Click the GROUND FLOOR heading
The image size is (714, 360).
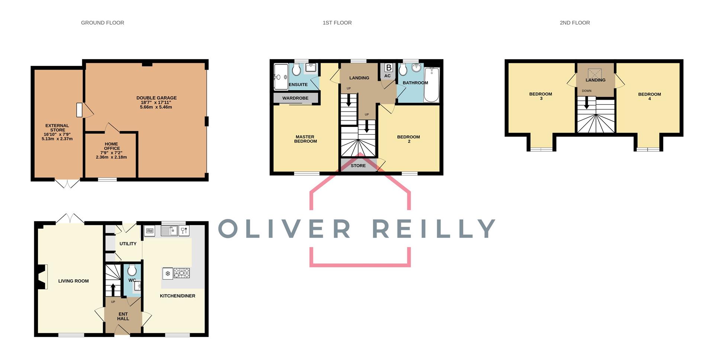(103, 23)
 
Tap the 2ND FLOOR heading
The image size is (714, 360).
(575, 23)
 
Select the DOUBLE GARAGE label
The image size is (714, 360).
(156, 98)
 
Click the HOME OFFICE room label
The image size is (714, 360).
(112, 146)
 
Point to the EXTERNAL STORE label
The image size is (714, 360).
(57, 128)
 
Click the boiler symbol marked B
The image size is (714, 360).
(389, 68)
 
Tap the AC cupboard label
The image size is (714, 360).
(387, 76)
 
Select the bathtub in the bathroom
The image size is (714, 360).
(431, 84)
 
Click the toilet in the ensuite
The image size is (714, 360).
(296, 69)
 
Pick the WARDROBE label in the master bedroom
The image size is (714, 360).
(295, 98)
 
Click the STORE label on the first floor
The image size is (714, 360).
(358, 165)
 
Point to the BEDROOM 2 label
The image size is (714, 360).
(408, 139)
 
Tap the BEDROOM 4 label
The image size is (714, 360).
(649, 96)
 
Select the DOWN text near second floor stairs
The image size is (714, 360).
(586, 91)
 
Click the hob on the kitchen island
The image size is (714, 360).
(181, 273)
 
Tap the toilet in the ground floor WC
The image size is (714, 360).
(132, 270)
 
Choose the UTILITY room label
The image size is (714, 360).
(128, 244)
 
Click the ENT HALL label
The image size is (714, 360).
(123, 316)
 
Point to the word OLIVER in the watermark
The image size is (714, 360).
(284, 228)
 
